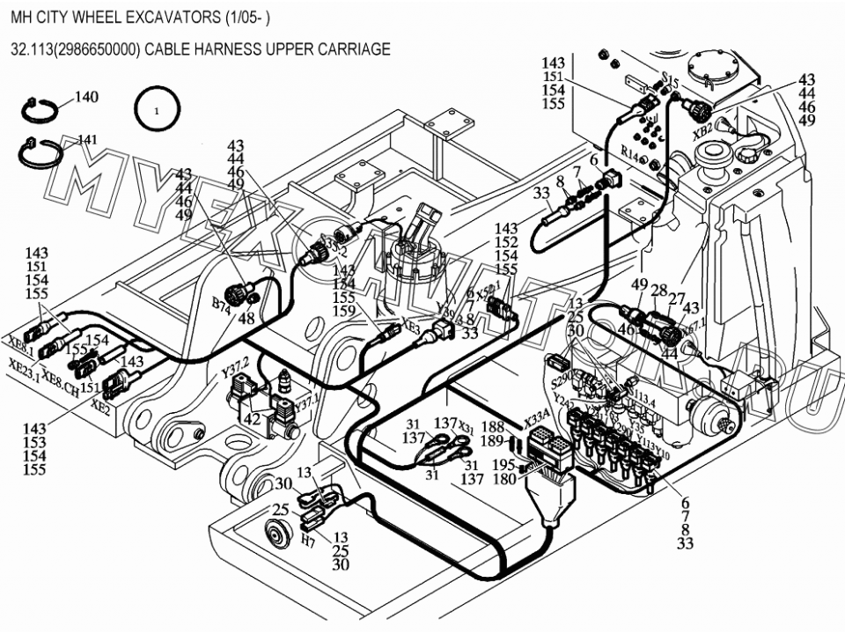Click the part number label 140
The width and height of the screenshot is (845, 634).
[x=86, y=97]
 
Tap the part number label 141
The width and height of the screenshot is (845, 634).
[x=87, y=139]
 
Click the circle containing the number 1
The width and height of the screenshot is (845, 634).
[x=157, y=112]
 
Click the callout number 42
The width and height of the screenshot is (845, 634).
[x=253, y=419]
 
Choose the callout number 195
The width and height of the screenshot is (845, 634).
[x=504, y=465]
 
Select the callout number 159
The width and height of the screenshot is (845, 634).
[x=344, y=312]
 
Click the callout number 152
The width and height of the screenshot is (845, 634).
[x=506, y=243]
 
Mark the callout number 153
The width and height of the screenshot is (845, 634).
[x=35, y=443]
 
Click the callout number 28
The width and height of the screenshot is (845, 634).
[x=658, y=291]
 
